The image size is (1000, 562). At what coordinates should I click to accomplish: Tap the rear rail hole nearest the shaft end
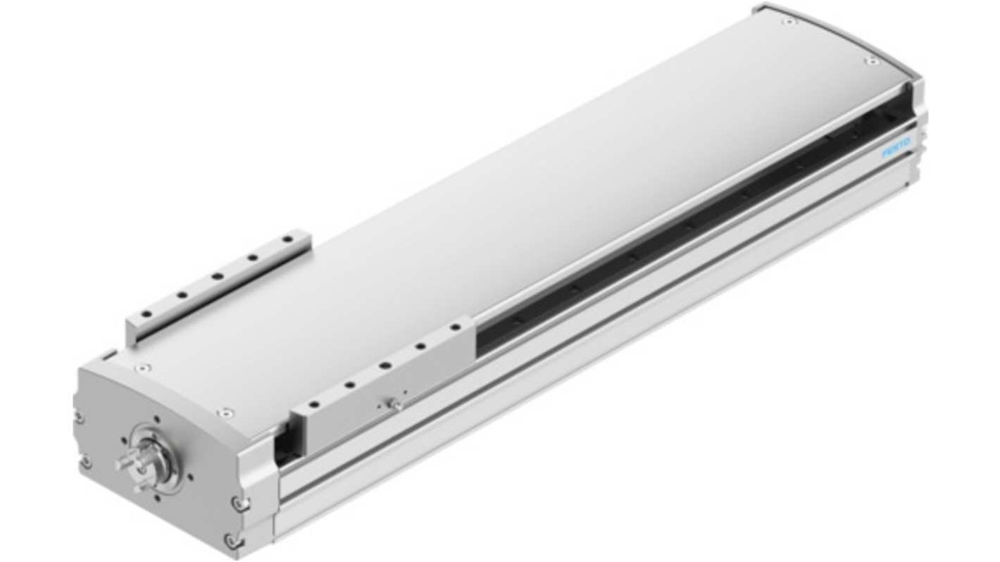click(145, 314)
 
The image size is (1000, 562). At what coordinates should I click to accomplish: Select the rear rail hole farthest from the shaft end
click(289, 239)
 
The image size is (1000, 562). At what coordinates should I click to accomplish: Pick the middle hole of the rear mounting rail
click(218, 276)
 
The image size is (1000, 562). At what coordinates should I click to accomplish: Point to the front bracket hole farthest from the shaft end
click(455, 327)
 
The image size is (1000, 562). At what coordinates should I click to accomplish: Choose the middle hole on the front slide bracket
click(385, 366)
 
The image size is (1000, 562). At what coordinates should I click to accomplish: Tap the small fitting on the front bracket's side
click(394, 404)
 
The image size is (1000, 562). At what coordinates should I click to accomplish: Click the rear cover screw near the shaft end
click(143, 368)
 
